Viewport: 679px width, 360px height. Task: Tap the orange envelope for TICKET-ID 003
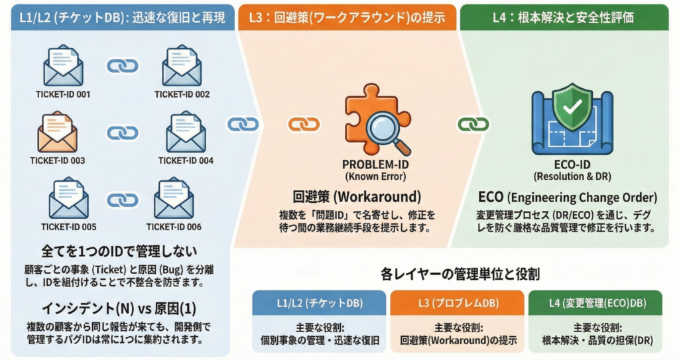pyautogui.click(x=58, y=132)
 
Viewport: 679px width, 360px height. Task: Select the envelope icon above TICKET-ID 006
pyautogui.click(x=174, y=199)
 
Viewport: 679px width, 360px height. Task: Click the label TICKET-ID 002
pyautogui.click(x=182, y=94)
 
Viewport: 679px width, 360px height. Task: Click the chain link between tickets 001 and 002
pyautogui.click(x=123, y=66)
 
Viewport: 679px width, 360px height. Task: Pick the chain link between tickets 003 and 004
pyautogui.click(x=123, y=133)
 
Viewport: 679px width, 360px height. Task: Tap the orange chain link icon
pyautogui.click(x=304, y=124)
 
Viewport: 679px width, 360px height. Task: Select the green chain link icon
pyautogui.click(x=473, y=124)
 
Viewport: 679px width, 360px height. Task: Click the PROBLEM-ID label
pyautogui.click(x=375, y=164)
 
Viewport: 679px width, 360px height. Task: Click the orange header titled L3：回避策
pyautogui.click(x=347, y=17)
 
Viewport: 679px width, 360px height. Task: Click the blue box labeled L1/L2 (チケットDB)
pyautogui.click(x=319, y=303)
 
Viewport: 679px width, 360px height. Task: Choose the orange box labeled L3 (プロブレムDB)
pyautogui.click(x=457, y=303)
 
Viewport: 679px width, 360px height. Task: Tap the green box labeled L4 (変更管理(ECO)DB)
pyautogui.click(x=595, y=303)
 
